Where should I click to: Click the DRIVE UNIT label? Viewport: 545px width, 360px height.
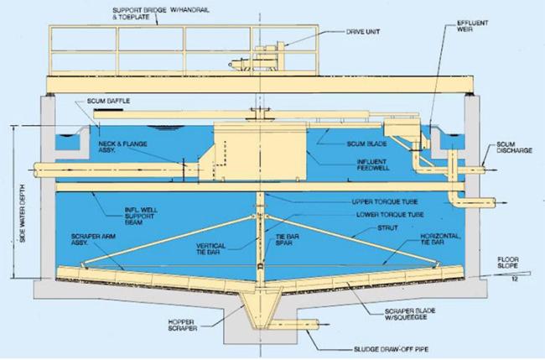pos(363,32)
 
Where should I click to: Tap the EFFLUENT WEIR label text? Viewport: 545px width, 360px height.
pos(472,26)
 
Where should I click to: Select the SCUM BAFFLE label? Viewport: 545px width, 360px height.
pos(108,101)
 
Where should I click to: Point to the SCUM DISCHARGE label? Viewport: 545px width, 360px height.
pos(514,147)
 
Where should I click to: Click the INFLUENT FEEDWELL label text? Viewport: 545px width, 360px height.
pos(373,164)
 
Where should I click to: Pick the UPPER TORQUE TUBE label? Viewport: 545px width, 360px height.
pos(384,201)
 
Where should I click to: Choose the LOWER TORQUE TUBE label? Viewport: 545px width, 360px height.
pos(390,215)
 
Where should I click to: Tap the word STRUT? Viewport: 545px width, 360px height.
pos(387,227)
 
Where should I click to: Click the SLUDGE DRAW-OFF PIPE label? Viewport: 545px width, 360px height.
pos(391,349)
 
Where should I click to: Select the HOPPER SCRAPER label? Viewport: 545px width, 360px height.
pos(182,326)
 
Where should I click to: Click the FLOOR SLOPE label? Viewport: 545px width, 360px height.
pos(508,263)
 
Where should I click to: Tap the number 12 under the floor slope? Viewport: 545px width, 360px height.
pos(515,279)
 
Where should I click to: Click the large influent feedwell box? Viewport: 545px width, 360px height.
pos(260,151)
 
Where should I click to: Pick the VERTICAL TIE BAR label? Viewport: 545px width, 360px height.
pos(210,248)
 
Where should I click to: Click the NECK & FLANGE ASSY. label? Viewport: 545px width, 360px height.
pos(122,147)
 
